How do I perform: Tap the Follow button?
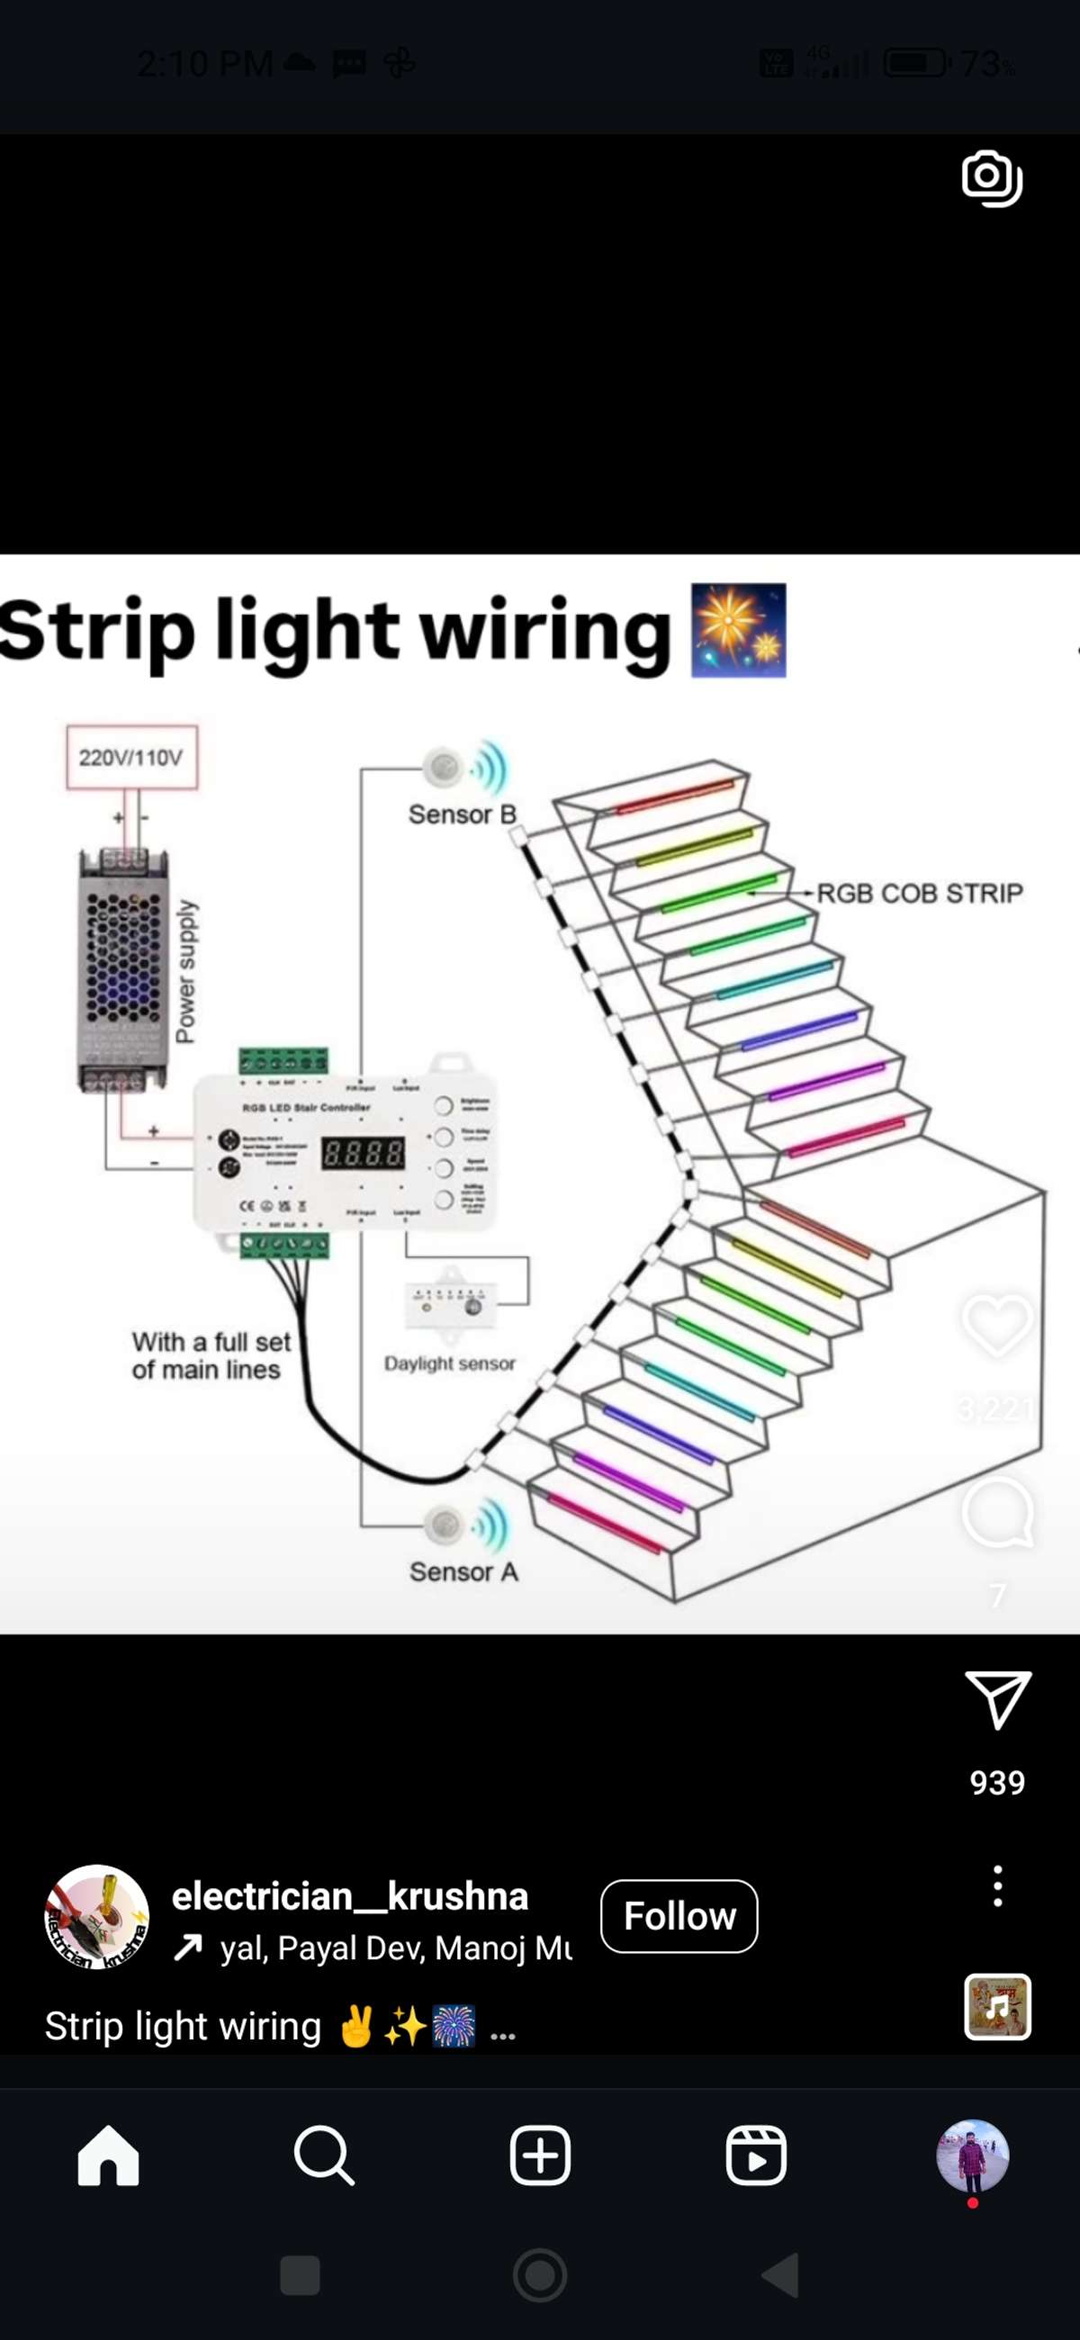pyautogui.click(x=679, y=1916)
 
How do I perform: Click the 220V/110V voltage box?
pyautogui.click(x=130, y=757)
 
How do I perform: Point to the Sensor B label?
pyautogui.click(x=462, y=814)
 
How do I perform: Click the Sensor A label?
pyautogui.click(x=463, y=1571)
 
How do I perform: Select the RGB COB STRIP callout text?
pyautogui.click(x=919, y=893)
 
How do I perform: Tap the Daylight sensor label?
pyautogui.click(x=450, y=1363)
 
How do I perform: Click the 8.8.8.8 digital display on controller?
pyautogui.click(x=364, y=1153)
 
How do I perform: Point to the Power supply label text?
pyautogui.click(x=185, y=972)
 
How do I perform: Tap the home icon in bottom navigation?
pyautogui.click(x=108, y=2155)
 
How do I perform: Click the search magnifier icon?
pyautogui.click(x=323, y=2155)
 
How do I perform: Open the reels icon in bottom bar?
pyautogui.click(x=756, y=2155)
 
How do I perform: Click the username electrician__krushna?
pyautogui.click(x=350, y=1895)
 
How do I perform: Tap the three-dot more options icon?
pyautogui.click(x=997, y=1885)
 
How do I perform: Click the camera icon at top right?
pyautogui.click(x=992, y=178)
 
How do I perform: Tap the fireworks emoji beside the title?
pyautogui.click(x=739, y=630)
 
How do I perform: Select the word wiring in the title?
pyautogui.click(x=545, y=630)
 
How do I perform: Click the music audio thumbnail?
pyautogui.click(x=997, y=2007)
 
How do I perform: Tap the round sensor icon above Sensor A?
pyautogui.click(x=445, y=1523)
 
